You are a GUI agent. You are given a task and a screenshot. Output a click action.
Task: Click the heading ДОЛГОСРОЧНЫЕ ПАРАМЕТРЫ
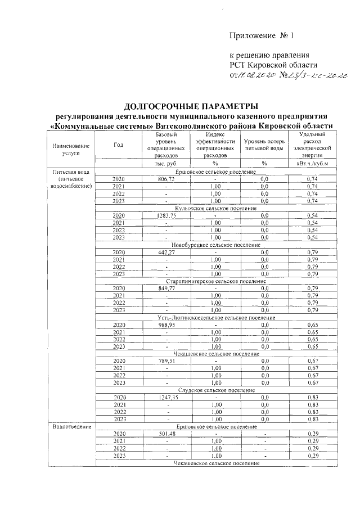click(x=191, y=105)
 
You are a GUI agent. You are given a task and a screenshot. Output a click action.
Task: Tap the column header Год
click(x=118, y=145)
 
